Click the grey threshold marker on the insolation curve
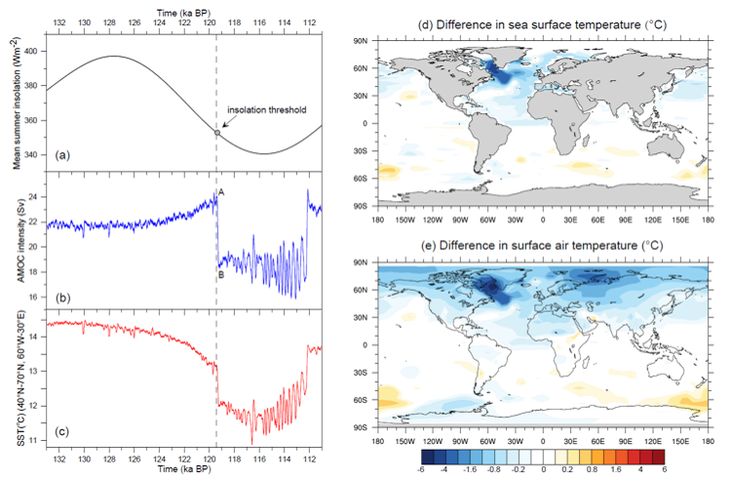click(x=216, y=132)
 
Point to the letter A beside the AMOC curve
click(x=222, y=193)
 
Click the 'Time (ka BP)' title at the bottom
click(x=183, y=470)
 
